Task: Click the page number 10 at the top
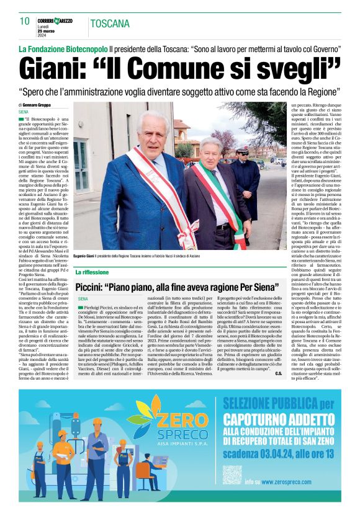tap(24, 21)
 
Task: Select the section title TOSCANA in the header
tap(110, 24)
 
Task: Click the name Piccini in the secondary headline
tap(96, 288)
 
